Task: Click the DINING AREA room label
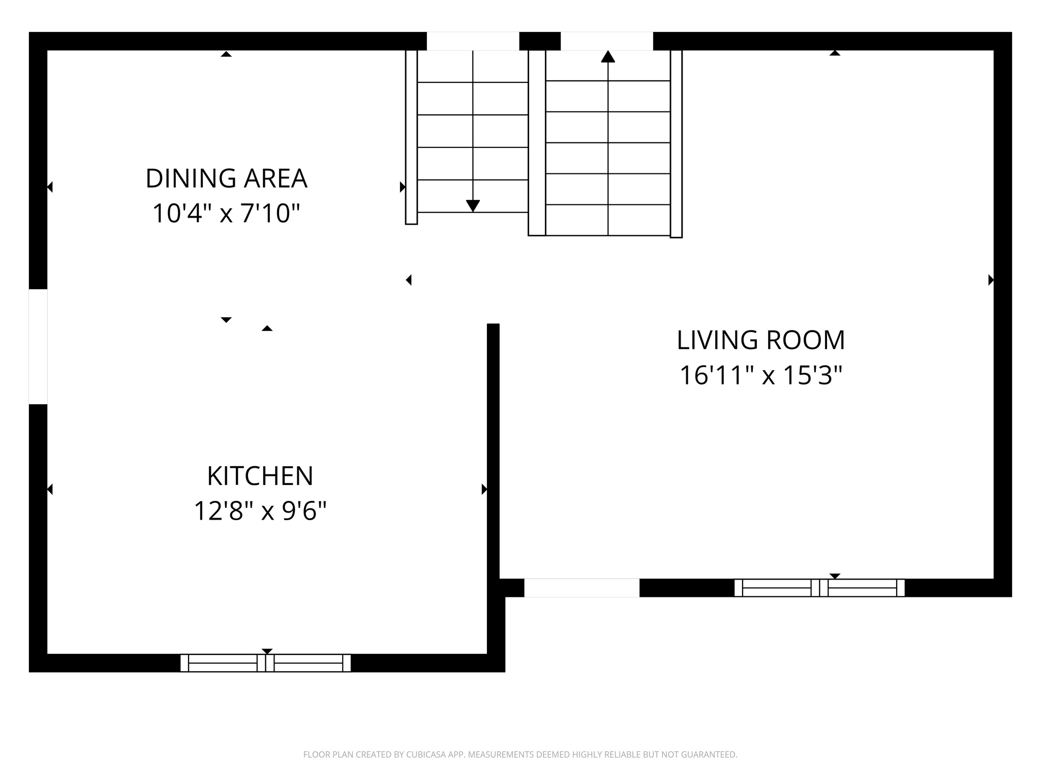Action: (x=226, y=178)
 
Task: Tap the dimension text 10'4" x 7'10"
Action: (x=226, y=213)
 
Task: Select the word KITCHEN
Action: (x=260, y=476)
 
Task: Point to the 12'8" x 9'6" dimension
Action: (x=260, y=510)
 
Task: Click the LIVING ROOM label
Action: (x=760, y=340)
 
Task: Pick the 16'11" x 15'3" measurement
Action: (x=760, y=376)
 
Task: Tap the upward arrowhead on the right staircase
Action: (x=608, y=56)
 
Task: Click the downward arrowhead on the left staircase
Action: (x=473, y=206)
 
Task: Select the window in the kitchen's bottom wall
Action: (x=265, y=663)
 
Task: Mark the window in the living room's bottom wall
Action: (x=819, y=588)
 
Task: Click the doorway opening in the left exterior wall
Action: (x=38, y=347)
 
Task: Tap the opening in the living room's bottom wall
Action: (x=581, y=588)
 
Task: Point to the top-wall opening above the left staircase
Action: (x=473, y=41)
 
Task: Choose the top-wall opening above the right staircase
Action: (x=606, y=41)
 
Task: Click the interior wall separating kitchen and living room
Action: (x=493, y=447)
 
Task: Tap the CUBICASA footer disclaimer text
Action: (x=520, y=755)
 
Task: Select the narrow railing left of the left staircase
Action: (x=411, y=137)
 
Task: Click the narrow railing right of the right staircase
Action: (x=676, y=143)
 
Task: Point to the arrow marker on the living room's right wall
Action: (x=991, y=280)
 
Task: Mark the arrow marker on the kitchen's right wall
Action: (x=484, y=489)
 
